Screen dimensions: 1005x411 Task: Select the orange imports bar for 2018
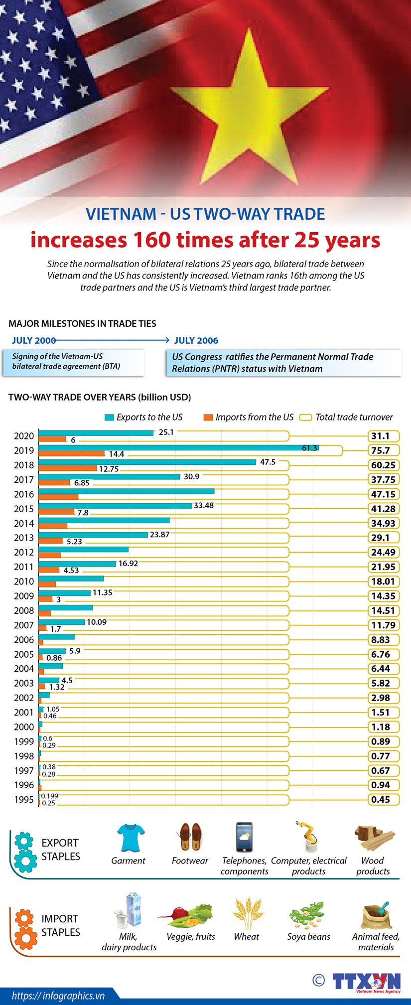68,468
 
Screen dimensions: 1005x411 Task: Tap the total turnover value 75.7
381,450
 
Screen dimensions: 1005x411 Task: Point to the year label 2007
24,625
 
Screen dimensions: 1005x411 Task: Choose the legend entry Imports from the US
249,417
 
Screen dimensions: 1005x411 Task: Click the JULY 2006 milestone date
196,340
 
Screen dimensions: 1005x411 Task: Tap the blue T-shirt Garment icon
131,837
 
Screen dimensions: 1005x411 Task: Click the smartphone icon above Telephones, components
245,837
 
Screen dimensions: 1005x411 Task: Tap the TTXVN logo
367,982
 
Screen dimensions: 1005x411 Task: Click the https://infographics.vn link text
58,996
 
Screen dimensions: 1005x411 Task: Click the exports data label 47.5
268,462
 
